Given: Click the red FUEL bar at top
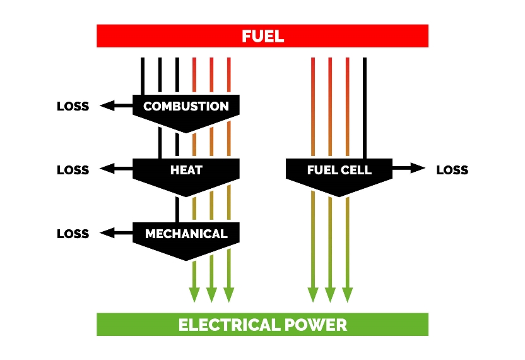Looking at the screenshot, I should point(262,36).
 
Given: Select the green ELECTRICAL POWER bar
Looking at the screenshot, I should point(262,325).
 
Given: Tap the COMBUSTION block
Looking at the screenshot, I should point(186,107).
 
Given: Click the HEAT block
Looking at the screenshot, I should point(186,171).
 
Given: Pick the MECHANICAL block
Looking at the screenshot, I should point(186,234).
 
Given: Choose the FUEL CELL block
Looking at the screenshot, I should point(339,171).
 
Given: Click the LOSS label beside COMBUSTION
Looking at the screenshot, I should point(73,106).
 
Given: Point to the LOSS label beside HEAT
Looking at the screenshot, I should point(73,170).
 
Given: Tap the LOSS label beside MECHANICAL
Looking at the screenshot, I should point(73,234).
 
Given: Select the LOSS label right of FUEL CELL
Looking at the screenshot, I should point(452,170).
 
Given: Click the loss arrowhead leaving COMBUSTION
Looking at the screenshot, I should point(106,105).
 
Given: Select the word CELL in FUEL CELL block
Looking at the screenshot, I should point(357,170).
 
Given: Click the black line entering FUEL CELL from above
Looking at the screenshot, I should point(365,107).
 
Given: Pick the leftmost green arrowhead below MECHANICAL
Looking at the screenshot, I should point(194,294).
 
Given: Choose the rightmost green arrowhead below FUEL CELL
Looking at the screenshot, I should point(347,294).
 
